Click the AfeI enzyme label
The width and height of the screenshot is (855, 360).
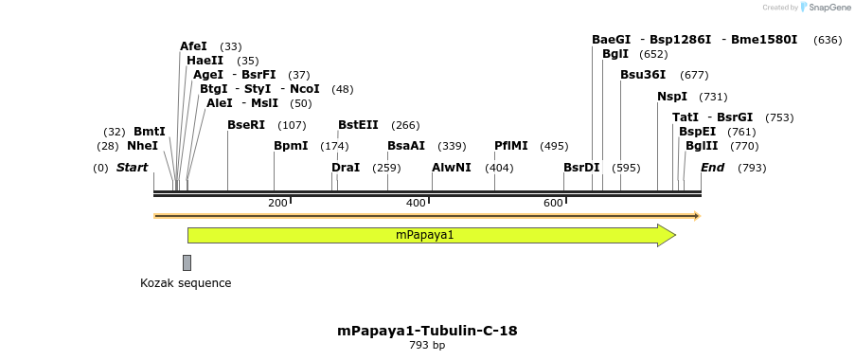(x=193, y=46)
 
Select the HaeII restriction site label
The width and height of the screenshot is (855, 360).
(x=205, y=61)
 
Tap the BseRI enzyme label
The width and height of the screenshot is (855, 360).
(x=246, y=125)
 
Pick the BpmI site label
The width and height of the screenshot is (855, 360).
(x=291, y=146)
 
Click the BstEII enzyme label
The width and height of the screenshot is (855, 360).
(x=358, y=125)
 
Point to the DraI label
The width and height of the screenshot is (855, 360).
(x=346, y=168)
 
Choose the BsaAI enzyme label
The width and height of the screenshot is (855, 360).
(x=406, y=146)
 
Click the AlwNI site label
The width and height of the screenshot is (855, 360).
(x=451, y=168)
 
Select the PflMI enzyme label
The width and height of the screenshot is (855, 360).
(x=511, y=146)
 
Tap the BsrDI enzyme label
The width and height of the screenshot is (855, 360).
(x=581, y=168)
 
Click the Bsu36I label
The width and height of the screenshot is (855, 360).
(x=643, y=75)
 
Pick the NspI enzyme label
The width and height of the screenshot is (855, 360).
(x=672, y=97)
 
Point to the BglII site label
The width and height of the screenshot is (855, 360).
(x=702, y=146)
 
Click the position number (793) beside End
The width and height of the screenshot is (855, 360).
(x=751, y=168)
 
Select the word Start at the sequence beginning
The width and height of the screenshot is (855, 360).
(x=133, y=168)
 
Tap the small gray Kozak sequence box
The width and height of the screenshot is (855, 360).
(x=187, y=262)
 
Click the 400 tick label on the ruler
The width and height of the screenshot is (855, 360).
(x=416, y=203)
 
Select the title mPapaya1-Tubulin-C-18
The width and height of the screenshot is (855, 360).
(x=427, y=331)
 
